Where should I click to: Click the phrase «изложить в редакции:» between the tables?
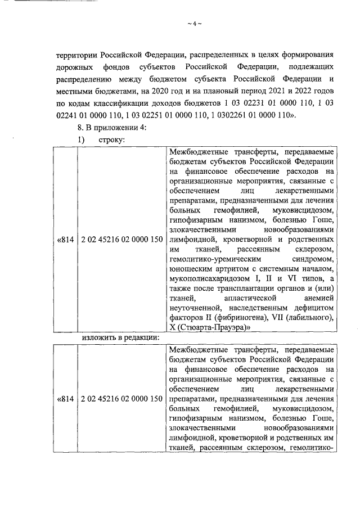[120, 337]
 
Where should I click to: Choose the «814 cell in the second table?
[65, 399]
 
